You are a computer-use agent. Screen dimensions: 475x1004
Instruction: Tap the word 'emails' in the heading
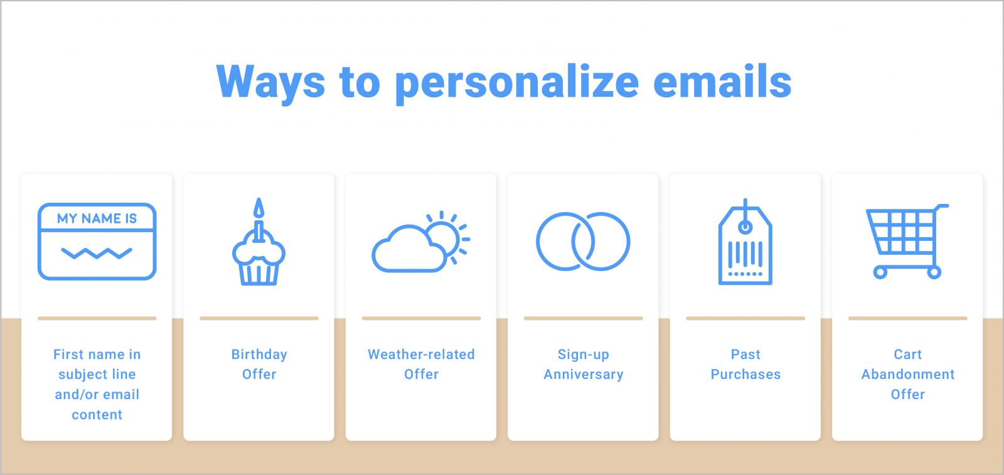(722, 82)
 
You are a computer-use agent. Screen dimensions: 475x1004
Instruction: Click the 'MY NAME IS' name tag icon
(97, 242)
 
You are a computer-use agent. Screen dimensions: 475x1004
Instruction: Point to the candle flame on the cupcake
(259, 208)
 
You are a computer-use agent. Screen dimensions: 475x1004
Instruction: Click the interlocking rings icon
(583, 242)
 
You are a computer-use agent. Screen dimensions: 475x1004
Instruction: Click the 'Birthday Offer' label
(259, 364)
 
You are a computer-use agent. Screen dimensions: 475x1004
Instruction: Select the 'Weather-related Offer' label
(421, 364)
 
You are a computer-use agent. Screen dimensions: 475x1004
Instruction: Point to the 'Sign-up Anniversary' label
(584, 364)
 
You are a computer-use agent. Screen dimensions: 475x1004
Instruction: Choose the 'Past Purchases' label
(745, 364)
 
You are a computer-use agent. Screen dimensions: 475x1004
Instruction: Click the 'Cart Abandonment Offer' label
(907, 374)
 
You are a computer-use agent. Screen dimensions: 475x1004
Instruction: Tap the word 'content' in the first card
(97, 415)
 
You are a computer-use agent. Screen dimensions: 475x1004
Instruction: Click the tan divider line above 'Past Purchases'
(745, 318)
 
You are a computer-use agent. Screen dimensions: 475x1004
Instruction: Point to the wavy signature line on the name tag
(97, 254)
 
